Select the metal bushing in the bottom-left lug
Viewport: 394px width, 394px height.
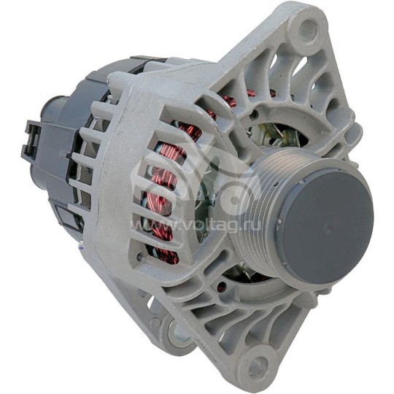pos(179,333)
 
